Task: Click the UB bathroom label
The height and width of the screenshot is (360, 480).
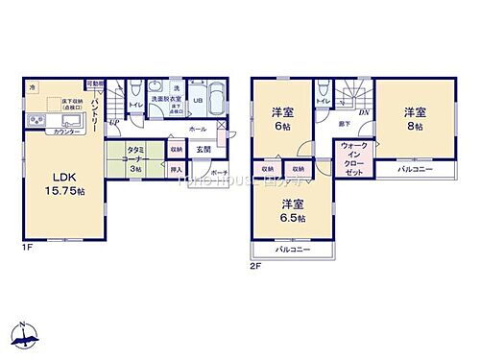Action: coord(198,100)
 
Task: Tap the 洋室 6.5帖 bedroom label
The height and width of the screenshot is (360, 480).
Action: coord(294,209)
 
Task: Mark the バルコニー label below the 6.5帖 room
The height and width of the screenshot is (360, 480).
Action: coord(293,249)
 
